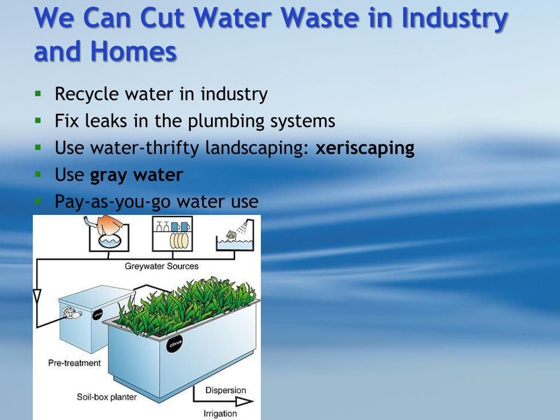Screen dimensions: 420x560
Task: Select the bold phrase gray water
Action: coord(136,176)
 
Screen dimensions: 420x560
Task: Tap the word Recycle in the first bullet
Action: coord(86,95)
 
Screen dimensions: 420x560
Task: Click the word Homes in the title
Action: coord(133,52)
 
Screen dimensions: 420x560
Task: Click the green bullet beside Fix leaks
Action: coord(38,120)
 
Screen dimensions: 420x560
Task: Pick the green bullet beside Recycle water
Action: coord(38,93)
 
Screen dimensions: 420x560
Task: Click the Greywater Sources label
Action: coord(161,267)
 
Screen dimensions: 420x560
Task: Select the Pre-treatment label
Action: coord(74,363)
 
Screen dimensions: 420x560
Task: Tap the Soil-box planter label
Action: coord(107,396)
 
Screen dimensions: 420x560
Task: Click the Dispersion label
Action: coord(225,390)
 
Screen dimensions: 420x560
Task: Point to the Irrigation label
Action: coord(220,413)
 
